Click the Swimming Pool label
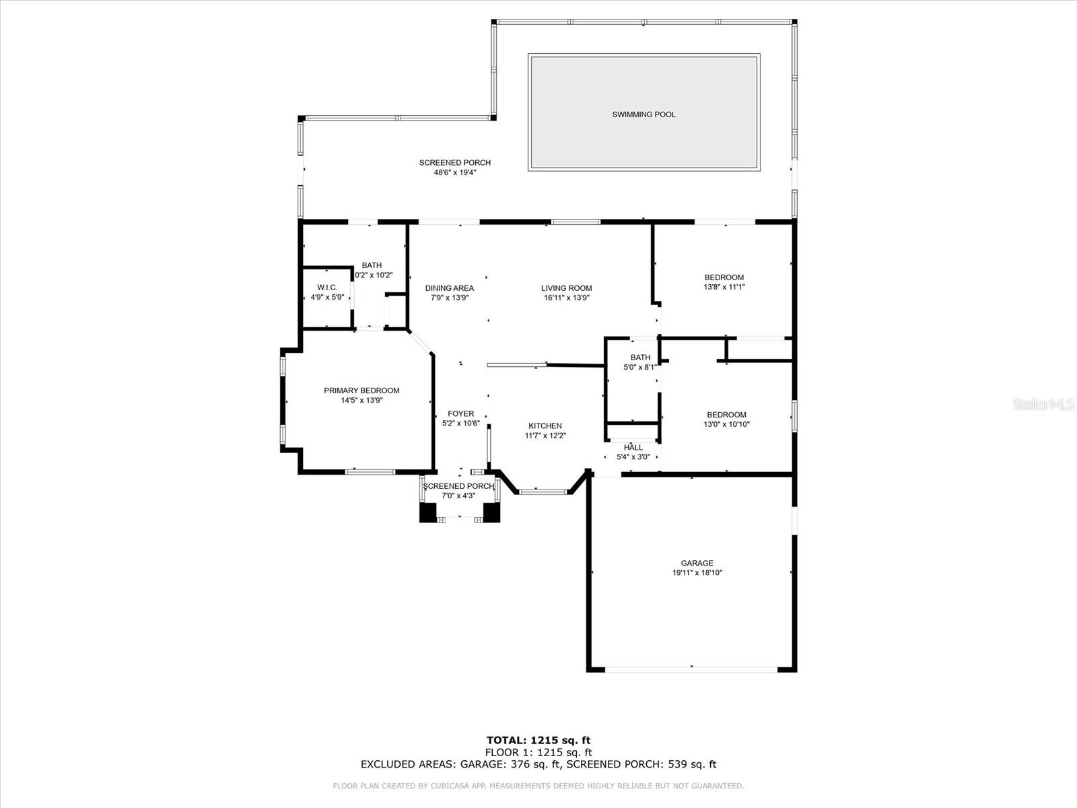(644, 114)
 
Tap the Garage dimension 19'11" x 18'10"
(697, 573)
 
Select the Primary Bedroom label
(361, 391)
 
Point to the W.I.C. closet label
(327, 288)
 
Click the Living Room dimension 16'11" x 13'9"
(566, 298)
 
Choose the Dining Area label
(449, 288)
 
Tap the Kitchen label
(545, 426)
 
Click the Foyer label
(460, 414)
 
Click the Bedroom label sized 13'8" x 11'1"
(724, 277)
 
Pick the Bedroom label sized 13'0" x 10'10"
(726, 415)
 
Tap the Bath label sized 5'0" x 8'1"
(640, 358)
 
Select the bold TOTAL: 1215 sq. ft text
(538, 741)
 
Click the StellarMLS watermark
(1043, 404)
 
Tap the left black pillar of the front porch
(428, 513)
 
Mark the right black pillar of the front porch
(491, 513)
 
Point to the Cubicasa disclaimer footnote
(538, 786)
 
